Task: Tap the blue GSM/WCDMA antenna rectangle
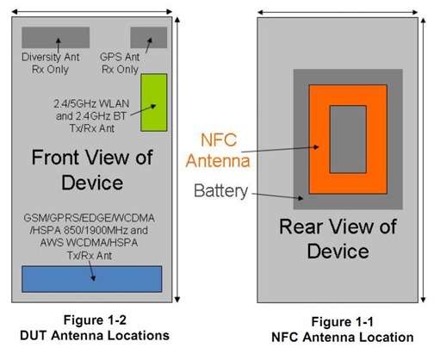point(91,278)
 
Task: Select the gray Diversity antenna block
point(57,37)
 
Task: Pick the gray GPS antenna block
point(148,37)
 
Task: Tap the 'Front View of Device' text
point(91,170)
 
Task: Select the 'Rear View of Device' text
point(338,239)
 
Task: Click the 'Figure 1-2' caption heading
point(91,320)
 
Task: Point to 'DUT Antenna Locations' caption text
point(91,334)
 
